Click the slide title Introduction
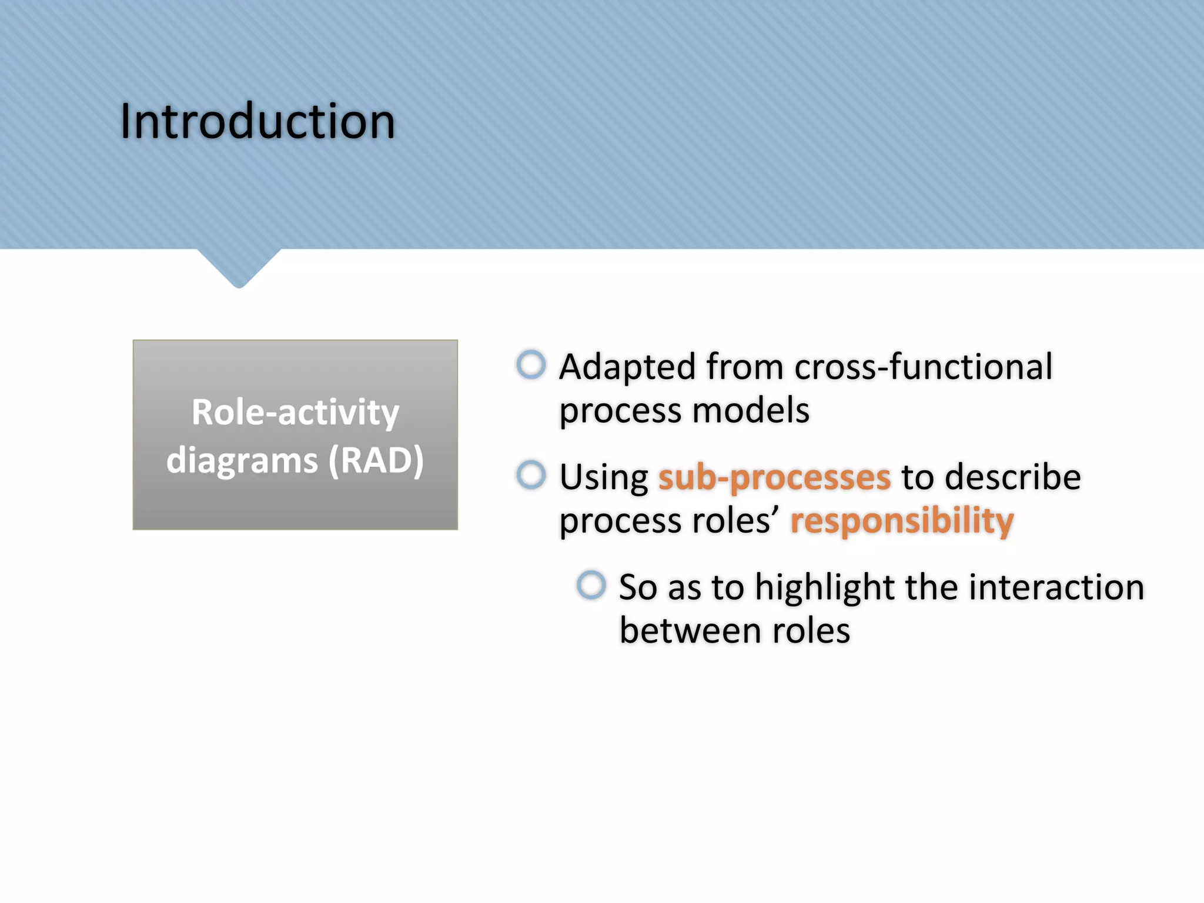coord(257,122)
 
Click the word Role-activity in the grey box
coord(295,412)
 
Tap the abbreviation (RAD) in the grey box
coord(376,460)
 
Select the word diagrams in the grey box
coord(242,460)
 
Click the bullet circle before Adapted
coord(531,364)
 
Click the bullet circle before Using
coord(531,474)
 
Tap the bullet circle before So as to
coord(591,585)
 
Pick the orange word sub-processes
coord(774,477)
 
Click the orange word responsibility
coord(902,521)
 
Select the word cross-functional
coord(923,367)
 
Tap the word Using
coord(603,478)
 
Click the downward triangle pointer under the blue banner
coord(239,267)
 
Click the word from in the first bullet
coord(745,367)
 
